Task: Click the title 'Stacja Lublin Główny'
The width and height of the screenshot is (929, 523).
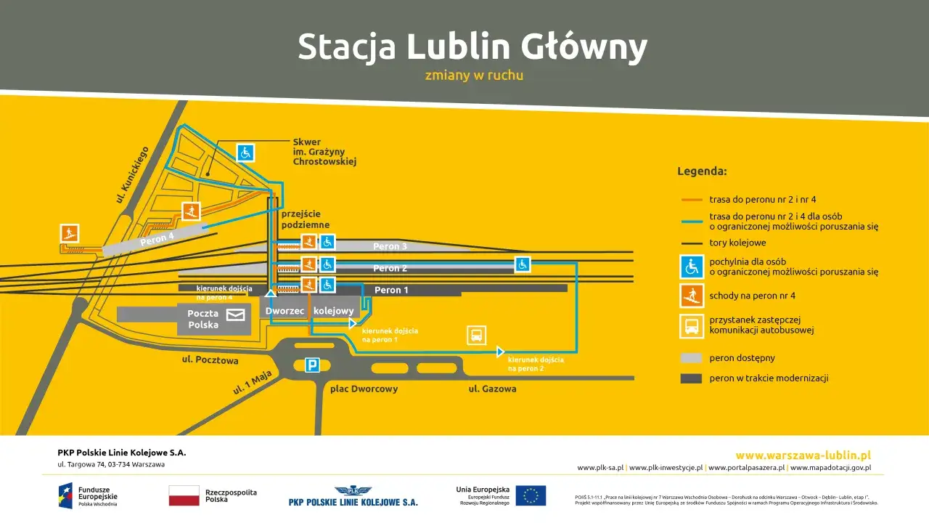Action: (x=472, y=47)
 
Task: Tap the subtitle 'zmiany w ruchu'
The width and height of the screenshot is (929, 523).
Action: (x=474, y=76)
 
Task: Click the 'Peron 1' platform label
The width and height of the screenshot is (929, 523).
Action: (x=391, y=291)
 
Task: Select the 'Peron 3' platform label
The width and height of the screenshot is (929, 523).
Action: (x=390, y=247)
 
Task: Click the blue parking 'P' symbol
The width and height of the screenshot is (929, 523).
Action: (x=312, y=365)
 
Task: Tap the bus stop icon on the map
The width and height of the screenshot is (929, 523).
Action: (x=476, y=335)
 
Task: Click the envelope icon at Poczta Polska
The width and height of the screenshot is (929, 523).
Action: (x=235, y=315)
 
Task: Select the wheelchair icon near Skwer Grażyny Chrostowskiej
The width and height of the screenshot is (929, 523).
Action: (x=245, y=153)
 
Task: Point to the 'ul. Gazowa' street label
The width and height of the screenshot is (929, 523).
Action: (x=492, y=389)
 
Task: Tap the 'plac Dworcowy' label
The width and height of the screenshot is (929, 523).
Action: (x=364, y=389)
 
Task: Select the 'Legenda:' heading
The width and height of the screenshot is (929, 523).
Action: (x=702, y=172)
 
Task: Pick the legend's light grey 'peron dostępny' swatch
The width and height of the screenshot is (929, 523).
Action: (x=691, y=358)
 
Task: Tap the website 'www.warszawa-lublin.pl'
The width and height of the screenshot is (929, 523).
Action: (x=803, y=455)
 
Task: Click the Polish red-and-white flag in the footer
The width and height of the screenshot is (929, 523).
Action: (x=184, y=495)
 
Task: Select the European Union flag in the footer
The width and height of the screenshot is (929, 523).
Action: (x=531, y=495)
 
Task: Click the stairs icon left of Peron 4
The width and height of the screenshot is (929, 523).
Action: (x=70, y=233)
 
